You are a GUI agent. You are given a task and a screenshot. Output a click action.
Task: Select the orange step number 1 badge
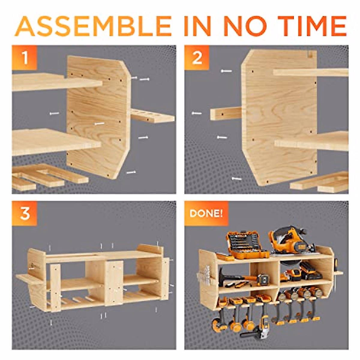click(24, 57)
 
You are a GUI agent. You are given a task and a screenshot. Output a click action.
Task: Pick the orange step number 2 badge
click(197, 57)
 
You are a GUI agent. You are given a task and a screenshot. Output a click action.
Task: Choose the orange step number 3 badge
click(24, 213)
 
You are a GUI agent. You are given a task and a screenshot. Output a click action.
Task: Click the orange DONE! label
click(206, 213)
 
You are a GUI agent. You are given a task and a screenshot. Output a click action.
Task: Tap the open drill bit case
click(247, 245)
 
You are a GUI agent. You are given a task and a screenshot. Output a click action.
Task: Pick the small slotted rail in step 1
click(152, 116)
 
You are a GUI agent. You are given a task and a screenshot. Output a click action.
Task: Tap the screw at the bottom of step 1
click(131, 172)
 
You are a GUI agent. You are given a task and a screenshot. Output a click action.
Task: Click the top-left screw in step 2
click(226, 71)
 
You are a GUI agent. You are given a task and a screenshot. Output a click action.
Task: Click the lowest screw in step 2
click(236, 179)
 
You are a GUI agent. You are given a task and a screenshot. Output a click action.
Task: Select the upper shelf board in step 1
click(57, 82)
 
